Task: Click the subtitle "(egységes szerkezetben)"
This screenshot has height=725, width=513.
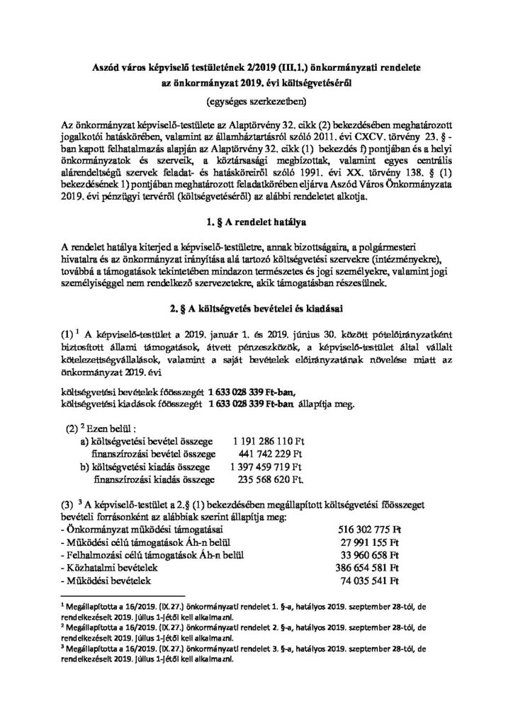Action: click(256, 100)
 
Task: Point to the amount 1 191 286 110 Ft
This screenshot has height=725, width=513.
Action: click(266, 441)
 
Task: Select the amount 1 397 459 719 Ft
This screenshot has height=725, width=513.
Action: click(266, 467)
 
